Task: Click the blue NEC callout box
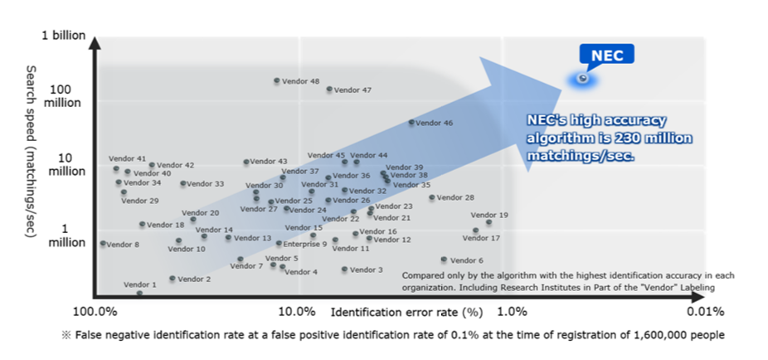tap(606, 55)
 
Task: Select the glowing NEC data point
tap(583, 79)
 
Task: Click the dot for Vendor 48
tap(277, 81)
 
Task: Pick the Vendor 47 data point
tap(329, 89)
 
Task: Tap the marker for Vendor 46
tap(411, 123)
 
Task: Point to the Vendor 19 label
tap(491, 215)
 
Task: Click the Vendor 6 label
tap(466, 260)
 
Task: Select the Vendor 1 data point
tap(139, 293)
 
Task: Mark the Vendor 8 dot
tap(103, 244)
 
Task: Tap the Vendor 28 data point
tap(432, 197)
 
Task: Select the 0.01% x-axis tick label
tap(705, 312)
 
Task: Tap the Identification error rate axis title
tap(406, 312)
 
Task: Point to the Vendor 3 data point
tap(345, 270)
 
